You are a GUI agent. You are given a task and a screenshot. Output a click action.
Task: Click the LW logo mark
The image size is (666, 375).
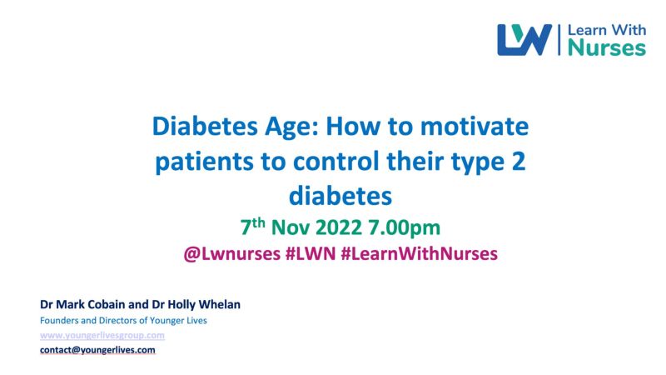pyautogui.click(x=524, y=39)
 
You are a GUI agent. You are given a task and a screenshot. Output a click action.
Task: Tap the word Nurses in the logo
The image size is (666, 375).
pyautogui.click(x=607, y=47)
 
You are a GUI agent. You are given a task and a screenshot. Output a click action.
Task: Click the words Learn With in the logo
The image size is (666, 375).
pyautogui.click(x=607, y=30)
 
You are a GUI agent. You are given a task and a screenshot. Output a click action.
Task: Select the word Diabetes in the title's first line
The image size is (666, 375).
pyautogui.click(x=205, y=127)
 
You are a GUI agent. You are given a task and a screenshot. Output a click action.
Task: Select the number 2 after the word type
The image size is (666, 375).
pyautogui.click(x=518, y=161)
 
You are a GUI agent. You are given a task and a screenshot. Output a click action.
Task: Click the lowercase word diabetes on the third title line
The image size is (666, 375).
pyautogui.click(x=340, y=196)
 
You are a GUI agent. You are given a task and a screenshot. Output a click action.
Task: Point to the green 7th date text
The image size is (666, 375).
pyautogui.click(x=253, y=226)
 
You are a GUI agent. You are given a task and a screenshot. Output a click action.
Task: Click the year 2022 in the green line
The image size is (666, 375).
pyautogui.click(x=339, y=227)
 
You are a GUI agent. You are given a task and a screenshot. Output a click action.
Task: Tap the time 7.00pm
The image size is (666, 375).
pyautogui.click(x=404, y=228)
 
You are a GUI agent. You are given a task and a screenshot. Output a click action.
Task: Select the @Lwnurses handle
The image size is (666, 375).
pyautogui.click(x=232, y=254)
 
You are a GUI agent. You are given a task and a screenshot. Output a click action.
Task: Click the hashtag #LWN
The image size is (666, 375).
pyautogui.click(x=311, y=254)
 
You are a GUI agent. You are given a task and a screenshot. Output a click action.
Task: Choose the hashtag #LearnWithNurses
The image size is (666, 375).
pyautogui.click(x=420, y=254)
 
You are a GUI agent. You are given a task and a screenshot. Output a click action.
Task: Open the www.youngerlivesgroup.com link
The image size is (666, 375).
pyautogui.click(x=102, y=335)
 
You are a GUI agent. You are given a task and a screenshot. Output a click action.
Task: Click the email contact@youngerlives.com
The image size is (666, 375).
pyautogui.click(x=97, y=350)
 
